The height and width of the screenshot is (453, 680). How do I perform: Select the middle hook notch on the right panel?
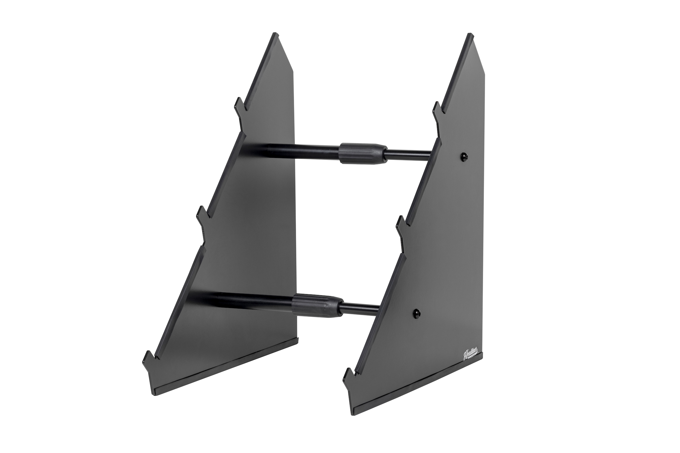[x=401, y=224]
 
